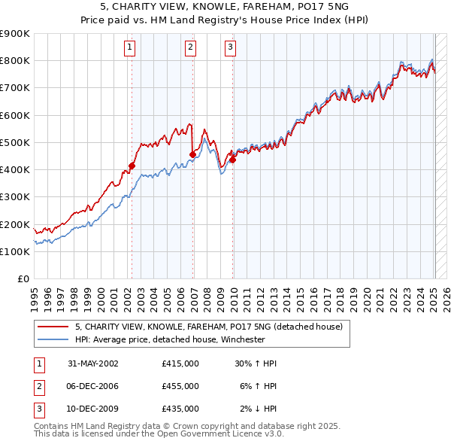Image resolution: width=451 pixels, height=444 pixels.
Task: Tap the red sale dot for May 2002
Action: [x=132, y=166]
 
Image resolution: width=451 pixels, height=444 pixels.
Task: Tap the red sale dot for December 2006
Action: [x=193, y=155]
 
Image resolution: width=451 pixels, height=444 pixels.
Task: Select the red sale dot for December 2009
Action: [x=233, y=160]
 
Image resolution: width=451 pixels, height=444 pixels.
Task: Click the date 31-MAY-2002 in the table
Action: [x=93, y=363]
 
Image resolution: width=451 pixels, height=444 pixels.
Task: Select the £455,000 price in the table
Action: [x=180, y=386]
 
